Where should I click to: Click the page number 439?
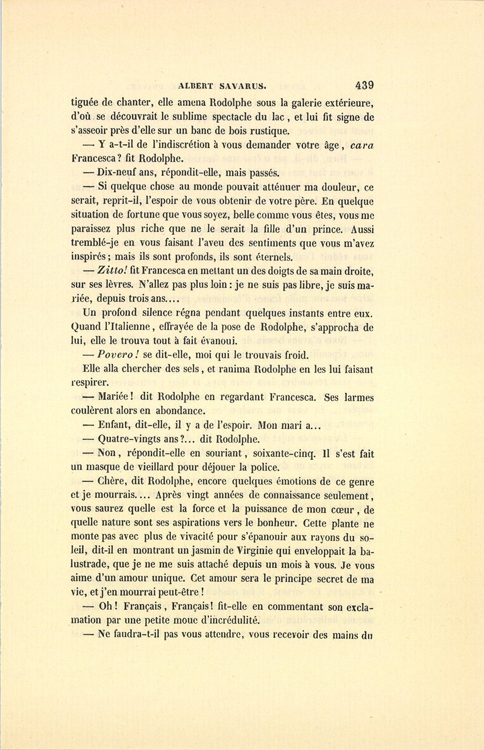click(364, 85)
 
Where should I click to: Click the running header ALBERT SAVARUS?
click(223, 85)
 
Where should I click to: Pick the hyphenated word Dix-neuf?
click(117, 173)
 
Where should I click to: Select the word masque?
click(105, 467)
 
